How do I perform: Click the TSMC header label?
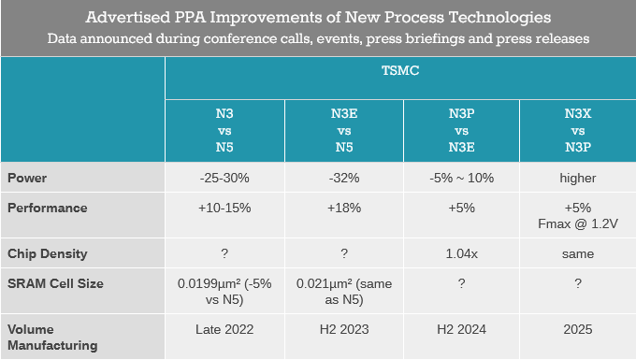(400, 70)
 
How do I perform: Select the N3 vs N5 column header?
(224, 130)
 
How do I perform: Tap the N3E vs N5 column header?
(344, 130)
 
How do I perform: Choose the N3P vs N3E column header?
(462, 130)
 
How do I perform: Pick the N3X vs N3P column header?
(578, 130)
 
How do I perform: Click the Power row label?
(27, 178)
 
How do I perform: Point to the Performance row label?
(48, 208)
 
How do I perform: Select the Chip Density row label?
(48, 253)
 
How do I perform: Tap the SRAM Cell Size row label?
(55, 283)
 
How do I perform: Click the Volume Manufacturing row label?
(52, 338)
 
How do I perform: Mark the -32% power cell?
(344, 178)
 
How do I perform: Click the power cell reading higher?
(578, 178)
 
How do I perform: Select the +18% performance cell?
(344, 208)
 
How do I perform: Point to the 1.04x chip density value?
(462, 253)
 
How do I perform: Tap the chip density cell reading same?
(578, 254)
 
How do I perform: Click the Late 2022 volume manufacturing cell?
(224, 329)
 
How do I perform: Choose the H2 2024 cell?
(462, 329)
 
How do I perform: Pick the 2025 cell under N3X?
(578, 329)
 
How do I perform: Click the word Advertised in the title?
(128, 18)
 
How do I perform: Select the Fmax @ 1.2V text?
(578, 223)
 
